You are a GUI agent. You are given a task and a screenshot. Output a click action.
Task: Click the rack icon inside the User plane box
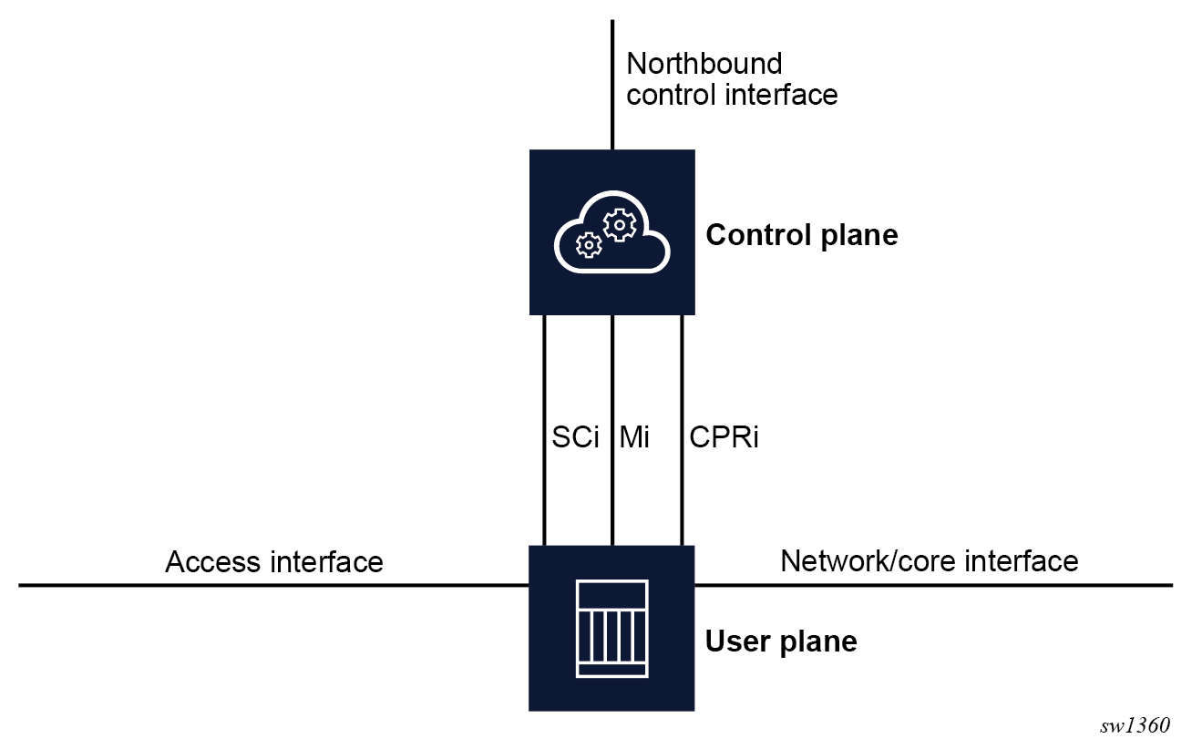click(x=611, y=628)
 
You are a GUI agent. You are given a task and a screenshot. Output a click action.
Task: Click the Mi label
click(x=634, y=437)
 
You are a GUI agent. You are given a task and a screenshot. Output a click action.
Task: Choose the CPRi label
click(x=724, y=437)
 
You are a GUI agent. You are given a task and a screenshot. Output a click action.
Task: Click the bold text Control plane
click(x=802, y=235)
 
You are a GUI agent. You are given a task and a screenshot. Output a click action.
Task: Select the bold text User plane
click(x=781, y=641)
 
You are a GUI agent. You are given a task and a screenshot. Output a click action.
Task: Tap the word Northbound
click(x=704, y=64)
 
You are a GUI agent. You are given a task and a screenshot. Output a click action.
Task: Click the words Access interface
click(x=273, y=561)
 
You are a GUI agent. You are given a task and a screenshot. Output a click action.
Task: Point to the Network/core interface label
click(x=929, y=560)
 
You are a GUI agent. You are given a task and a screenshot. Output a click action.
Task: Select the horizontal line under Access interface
click(x=273, y=585)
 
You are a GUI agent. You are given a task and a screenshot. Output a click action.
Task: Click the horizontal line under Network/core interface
click(x=930, y=585)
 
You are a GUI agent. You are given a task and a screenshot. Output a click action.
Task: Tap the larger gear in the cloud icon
click(x=620, y=223)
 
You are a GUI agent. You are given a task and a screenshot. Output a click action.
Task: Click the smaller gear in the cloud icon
click(x=590, y=244)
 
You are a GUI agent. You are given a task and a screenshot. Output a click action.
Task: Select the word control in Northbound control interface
click(x=670, y=94)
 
